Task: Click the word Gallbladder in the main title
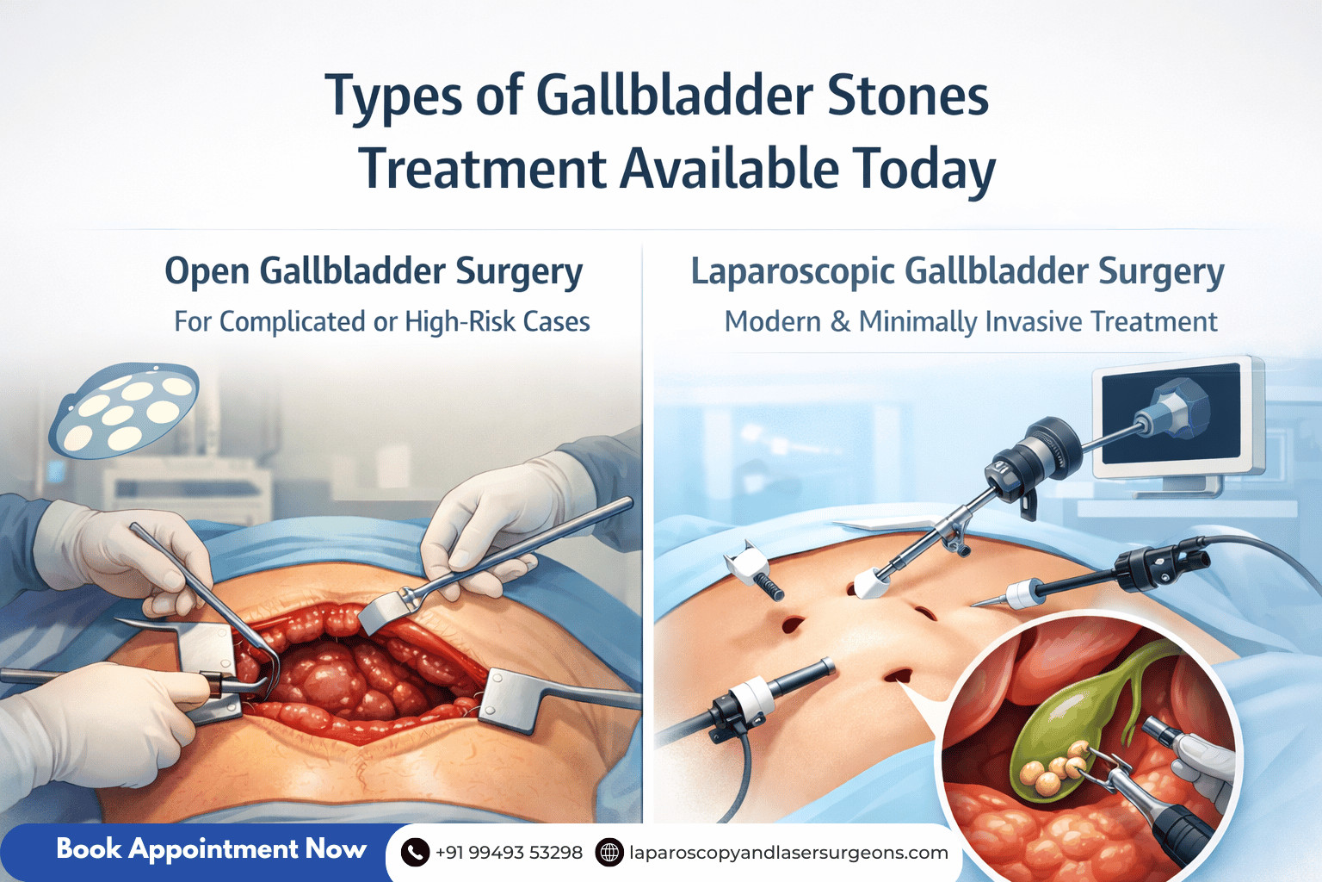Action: pos(674,96)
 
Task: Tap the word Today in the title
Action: pos(924,169)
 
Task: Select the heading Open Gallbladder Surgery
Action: pos(374,271)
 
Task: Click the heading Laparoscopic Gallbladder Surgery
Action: pos(957,271)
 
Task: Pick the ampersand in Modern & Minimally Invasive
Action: pos(840,322)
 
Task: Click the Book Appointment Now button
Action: pos(211,849)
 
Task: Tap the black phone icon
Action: pos(415,853)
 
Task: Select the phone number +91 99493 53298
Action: pos(509,853)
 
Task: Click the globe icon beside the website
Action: pos(609,853)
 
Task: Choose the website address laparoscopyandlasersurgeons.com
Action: pos(788,853)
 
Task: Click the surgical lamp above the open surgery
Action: pos(125,410)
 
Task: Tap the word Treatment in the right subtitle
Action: pos(1153,322)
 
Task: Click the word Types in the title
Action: pos(393,96)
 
